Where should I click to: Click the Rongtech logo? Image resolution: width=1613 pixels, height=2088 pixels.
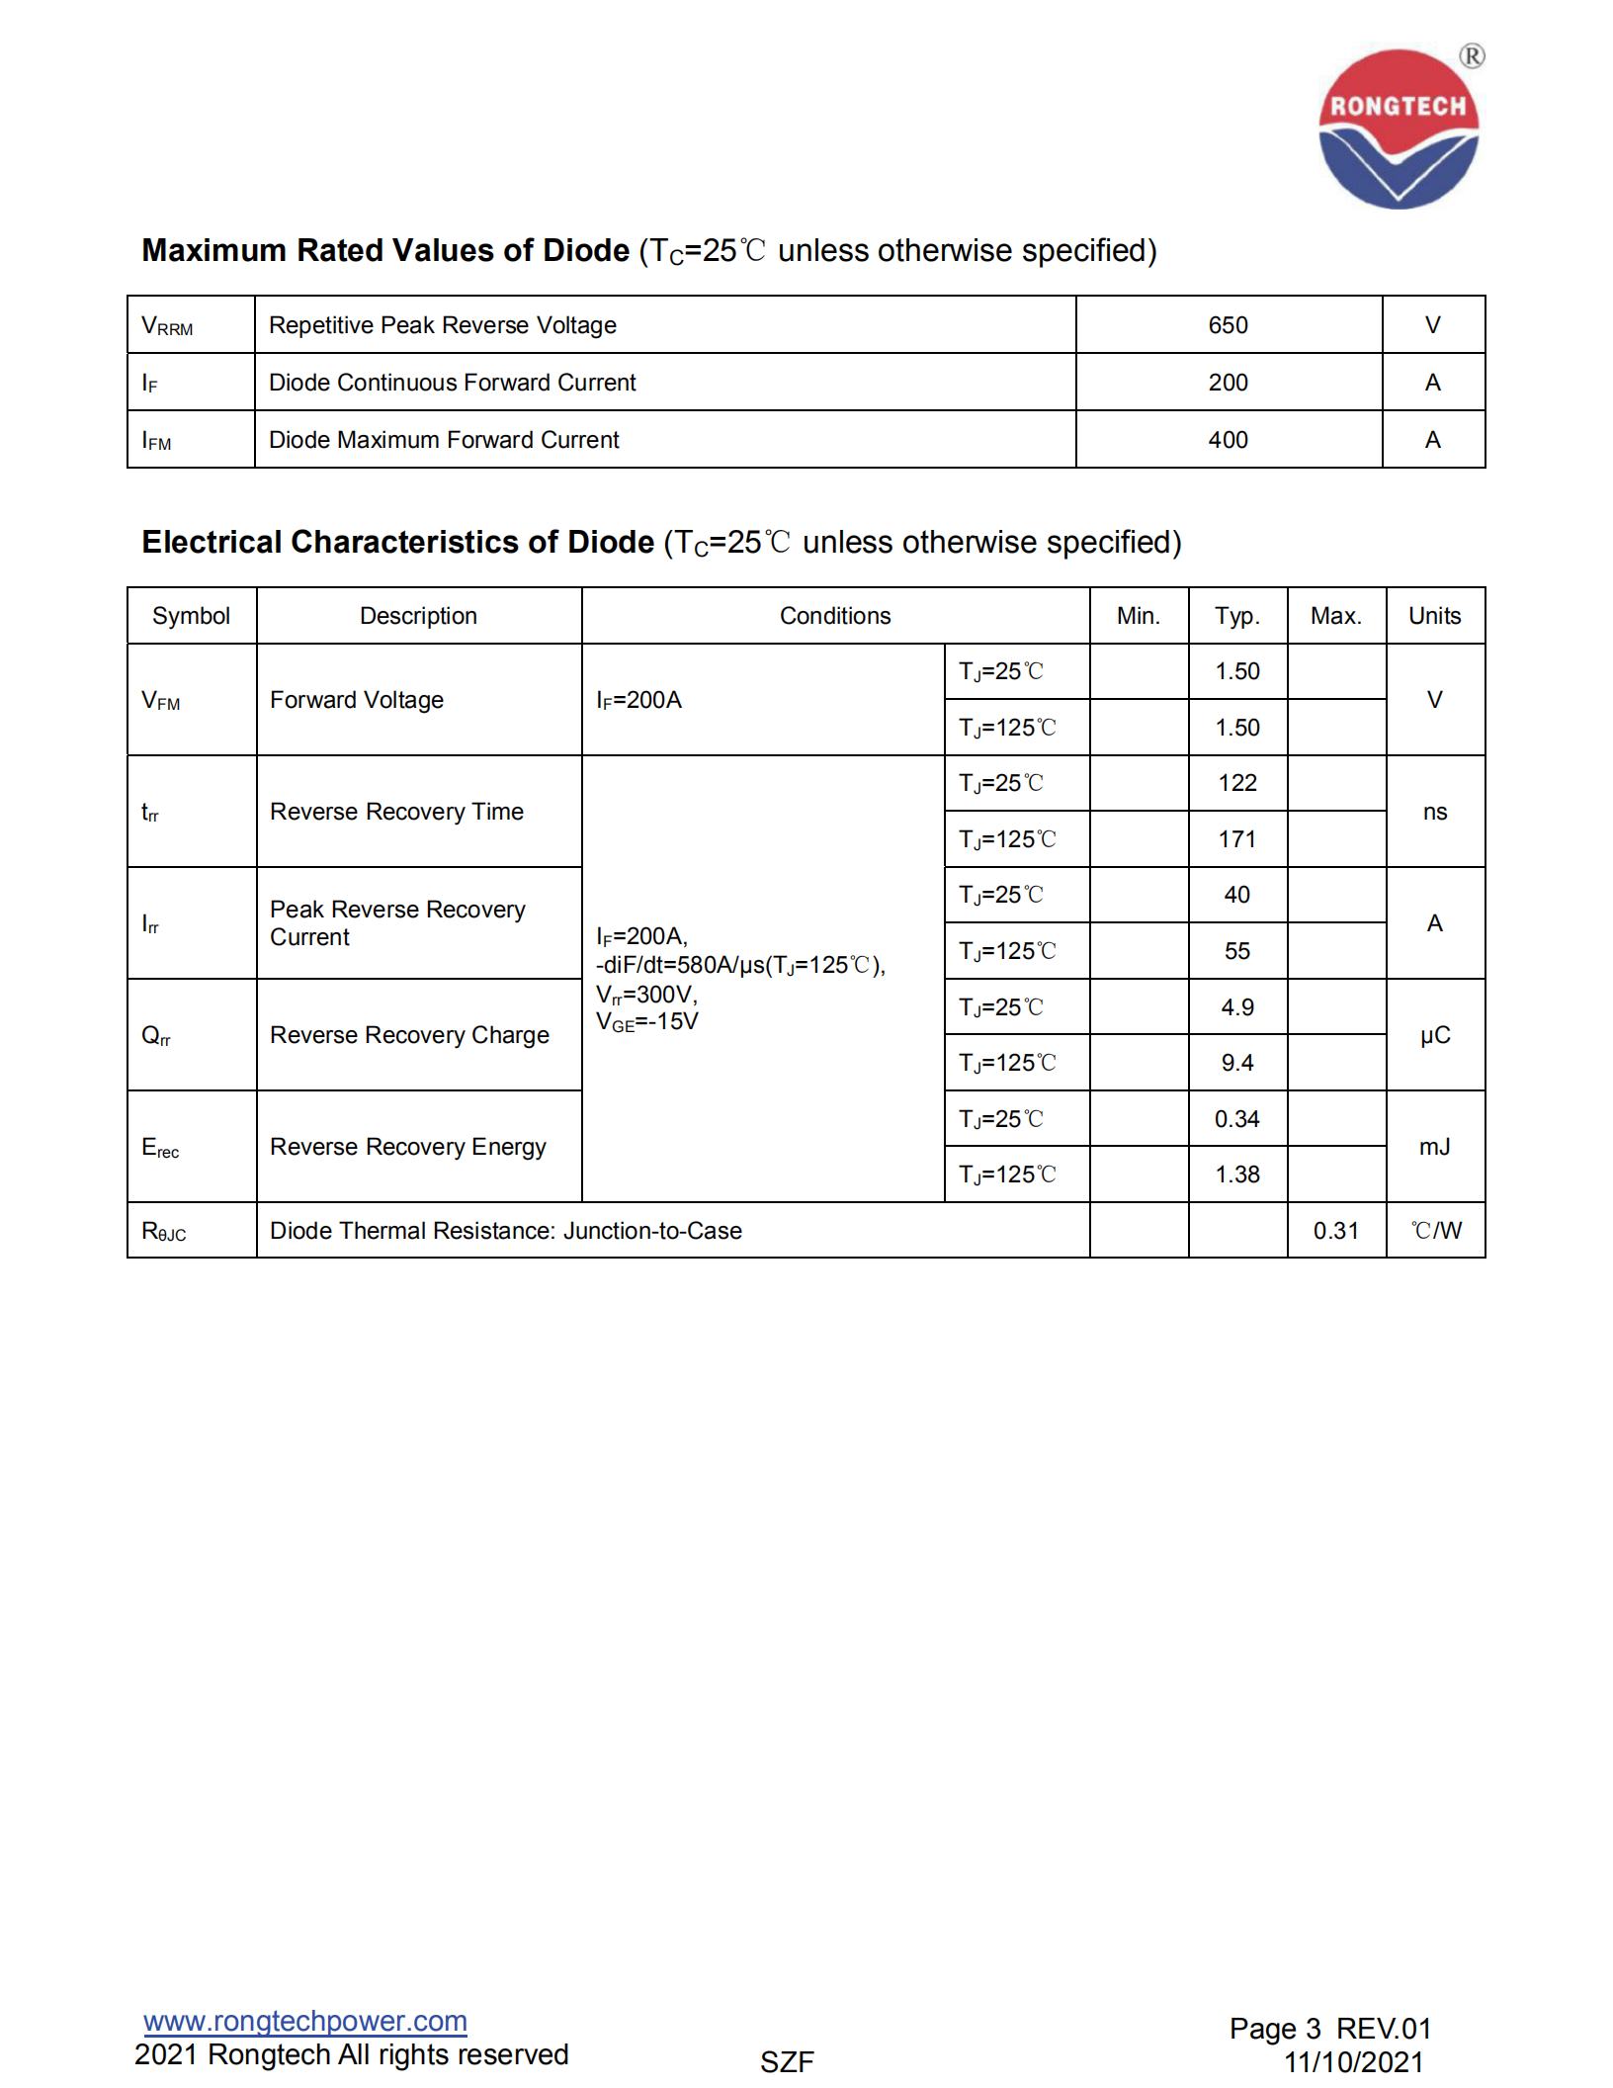click(1399, 130)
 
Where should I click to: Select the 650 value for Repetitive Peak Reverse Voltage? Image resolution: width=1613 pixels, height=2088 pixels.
click(1228, 325)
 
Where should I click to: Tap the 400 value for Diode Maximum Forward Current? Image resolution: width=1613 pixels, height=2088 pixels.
click(1228, 440)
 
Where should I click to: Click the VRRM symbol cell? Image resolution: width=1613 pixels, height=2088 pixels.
click(168, 326)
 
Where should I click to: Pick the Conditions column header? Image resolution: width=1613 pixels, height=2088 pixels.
click(835, 616)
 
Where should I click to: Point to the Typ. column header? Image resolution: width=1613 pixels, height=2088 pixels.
click(1237, 616)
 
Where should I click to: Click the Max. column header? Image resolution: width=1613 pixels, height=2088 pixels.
click(1336, 616)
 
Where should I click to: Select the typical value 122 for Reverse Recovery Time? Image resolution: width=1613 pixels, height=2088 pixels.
click(1237, 783)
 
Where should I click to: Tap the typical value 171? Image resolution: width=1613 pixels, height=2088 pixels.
click(1237, 839)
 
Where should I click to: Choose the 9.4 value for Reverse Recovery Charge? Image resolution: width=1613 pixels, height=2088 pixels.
click(1237, 1063)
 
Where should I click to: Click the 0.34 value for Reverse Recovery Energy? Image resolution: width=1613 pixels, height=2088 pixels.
click(1237, 1119)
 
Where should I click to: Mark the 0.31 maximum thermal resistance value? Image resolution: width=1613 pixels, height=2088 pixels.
click(1336, 1231)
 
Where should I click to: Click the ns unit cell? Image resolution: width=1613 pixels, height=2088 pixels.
click(1435, 812)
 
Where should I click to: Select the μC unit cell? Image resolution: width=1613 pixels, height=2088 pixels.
click(1435, 1035)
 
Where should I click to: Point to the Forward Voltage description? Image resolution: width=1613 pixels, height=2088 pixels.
click(357, 700)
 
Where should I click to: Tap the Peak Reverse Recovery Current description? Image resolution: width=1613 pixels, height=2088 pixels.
click(397, 923)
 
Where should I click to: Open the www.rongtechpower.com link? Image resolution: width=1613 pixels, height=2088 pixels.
click(305, 2022)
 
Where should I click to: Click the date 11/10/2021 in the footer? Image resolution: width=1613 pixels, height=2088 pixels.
click(1353, 2062)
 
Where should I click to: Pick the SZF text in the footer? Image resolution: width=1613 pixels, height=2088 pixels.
click(787, 2062)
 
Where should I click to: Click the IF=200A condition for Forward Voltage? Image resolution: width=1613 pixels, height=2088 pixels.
click(639, 700)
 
